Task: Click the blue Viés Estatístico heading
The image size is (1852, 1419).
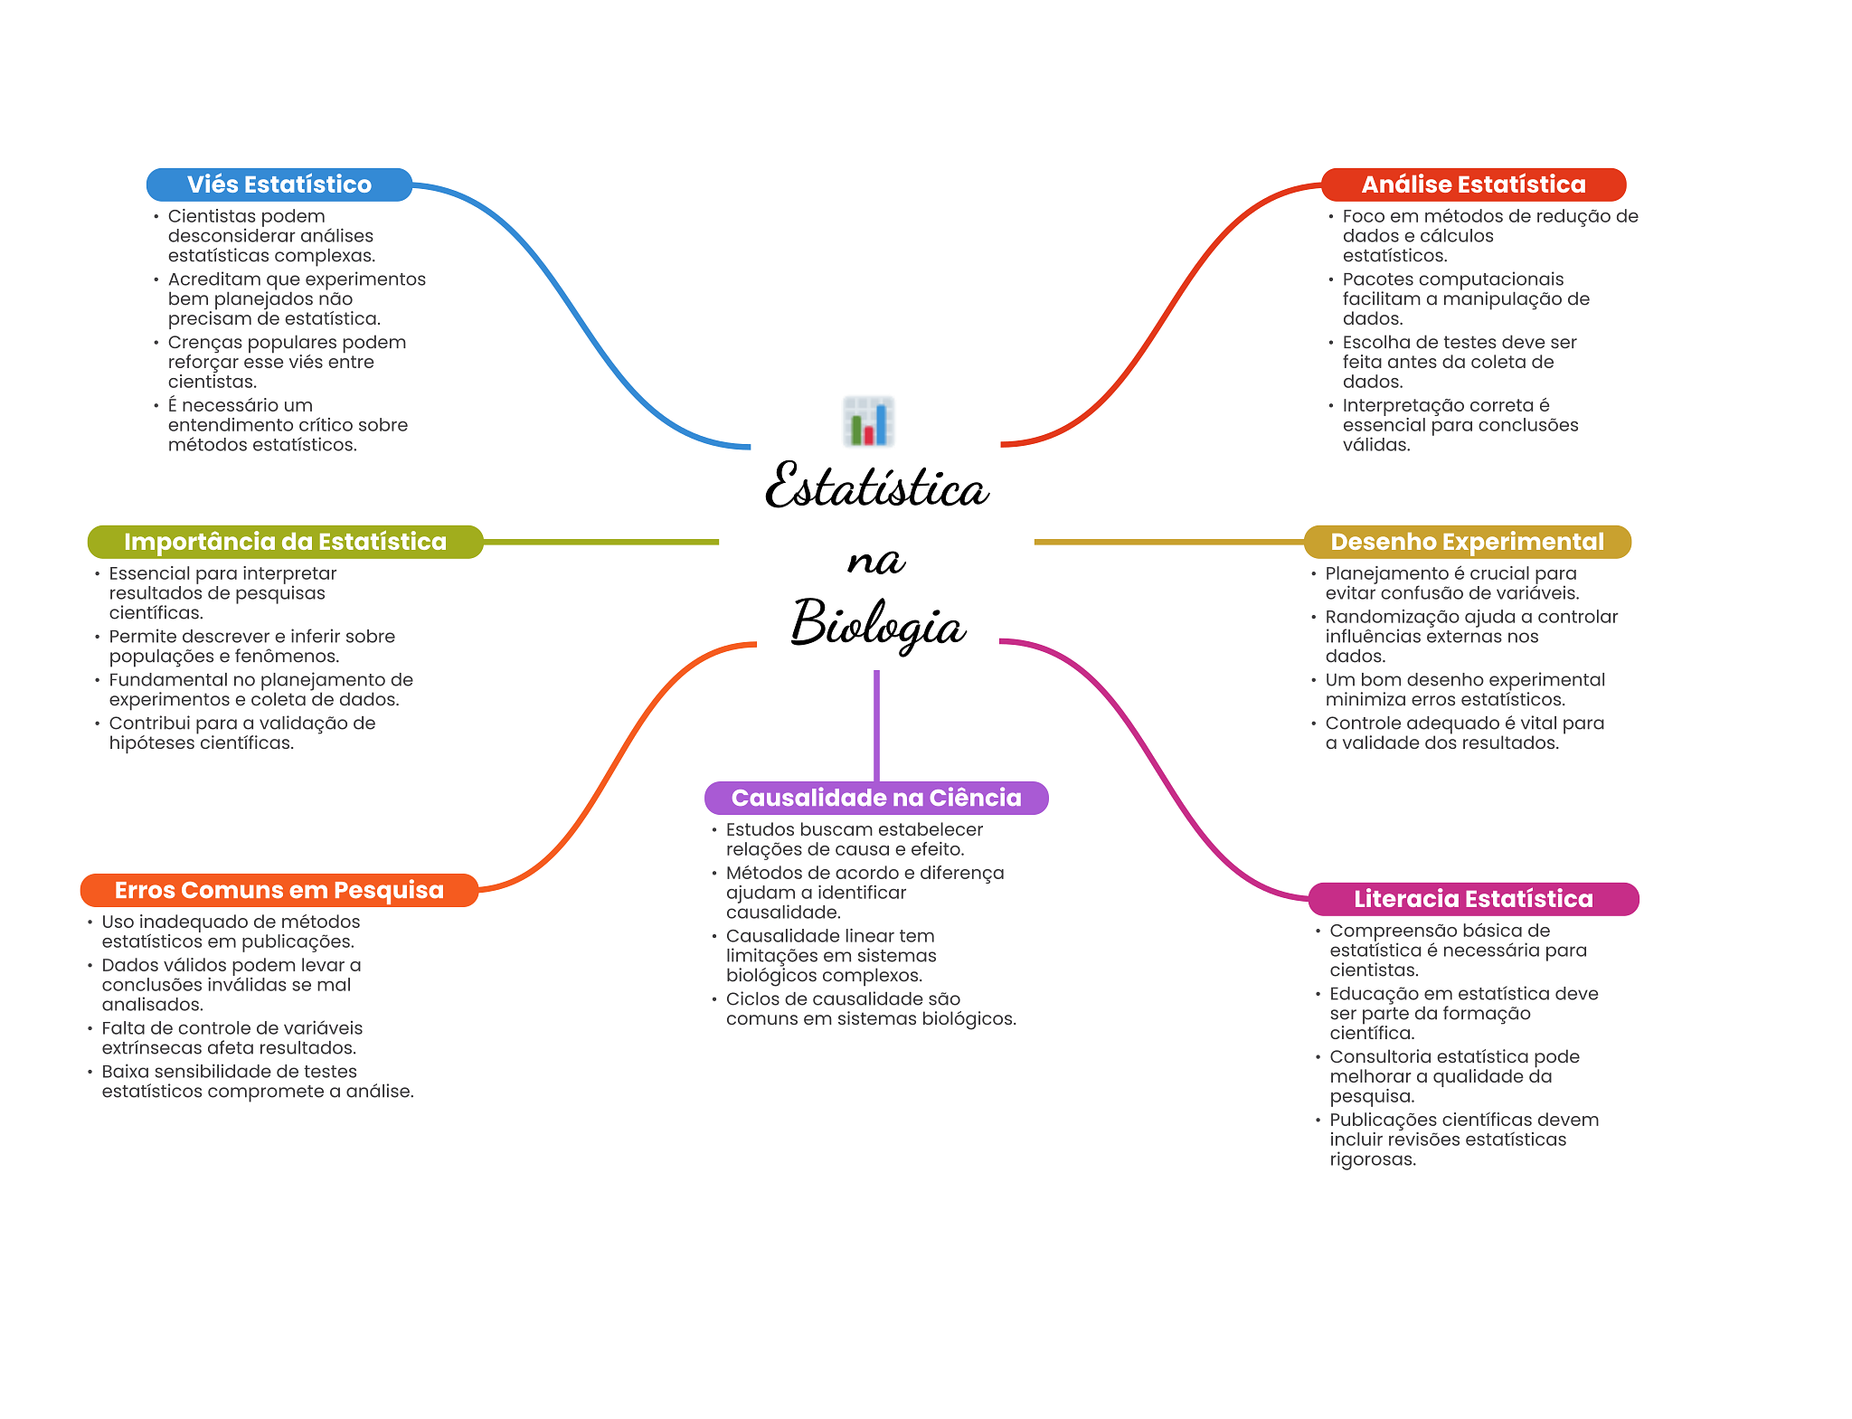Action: point(279,184)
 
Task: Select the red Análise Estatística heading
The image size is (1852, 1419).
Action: point(1473,184)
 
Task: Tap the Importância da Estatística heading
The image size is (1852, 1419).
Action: point(285,542)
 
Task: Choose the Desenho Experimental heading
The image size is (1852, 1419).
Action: point(1467,542)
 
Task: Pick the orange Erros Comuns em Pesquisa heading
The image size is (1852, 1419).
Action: point(279,890)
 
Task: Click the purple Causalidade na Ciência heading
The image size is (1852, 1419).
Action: point(876,798)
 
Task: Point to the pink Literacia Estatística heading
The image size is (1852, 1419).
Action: point(1473,899)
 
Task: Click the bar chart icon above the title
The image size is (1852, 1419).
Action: point(869,421)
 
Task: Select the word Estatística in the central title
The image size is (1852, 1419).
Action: point(877,485)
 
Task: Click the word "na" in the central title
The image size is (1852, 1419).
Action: point(875,561)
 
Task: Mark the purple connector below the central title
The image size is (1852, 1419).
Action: point(876,725)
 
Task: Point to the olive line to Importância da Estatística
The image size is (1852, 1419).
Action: point(600,542)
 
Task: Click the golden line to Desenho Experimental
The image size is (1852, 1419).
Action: point(1169,542)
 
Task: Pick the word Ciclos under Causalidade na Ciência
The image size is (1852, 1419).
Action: point(753,999)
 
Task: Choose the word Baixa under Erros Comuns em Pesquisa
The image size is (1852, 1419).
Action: point(126,1072)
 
